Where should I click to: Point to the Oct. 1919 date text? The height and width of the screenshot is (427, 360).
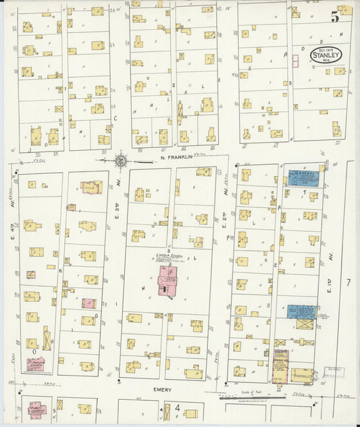pos(326,49)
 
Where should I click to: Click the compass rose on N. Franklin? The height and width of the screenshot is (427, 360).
pos(120,161)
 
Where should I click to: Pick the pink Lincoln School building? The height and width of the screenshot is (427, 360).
pos(166,280)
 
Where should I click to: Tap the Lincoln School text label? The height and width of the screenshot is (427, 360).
pos(165,255)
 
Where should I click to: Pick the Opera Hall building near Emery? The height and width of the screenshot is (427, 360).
pos(280,366)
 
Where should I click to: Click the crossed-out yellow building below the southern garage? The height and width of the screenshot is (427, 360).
pos(305,324)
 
